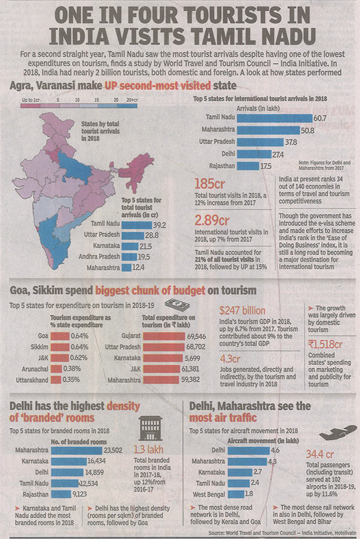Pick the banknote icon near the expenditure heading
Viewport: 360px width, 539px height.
point(177,305)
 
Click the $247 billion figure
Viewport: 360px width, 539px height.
point(242,311)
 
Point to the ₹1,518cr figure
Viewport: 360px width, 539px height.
point(326,345)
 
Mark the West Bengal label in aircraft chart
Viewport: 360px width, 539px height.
point(208,493)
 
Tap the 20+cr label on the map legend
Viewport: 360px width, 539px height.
point(131,99)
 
